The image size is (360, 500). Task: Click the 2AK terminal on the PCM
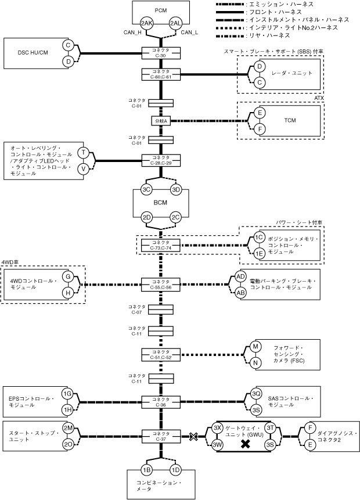(x=147, y=23)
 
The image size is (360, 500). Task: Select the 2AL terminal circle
(x=176, y=23)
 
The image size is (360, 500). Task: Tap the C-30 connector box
(x=161, y=53)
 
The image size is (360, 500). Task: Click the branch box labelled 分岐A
(x=161, y=121)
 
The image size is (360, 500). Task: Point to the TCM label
(x=290, y=121)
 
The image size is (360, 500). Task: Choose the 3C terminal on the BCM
(x=146, y=190)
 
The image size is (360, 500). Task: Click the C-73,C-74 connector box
(x=161, y=245)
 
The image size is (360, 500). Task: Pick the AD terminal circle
(x=240, y=276)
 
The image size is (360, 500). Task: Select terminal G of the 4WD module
(x=68, y=276)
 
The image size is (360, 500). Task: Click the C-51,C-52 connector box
(x=161, y=355)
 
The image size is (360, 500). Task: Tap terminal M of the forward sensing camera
(x=255, y=347)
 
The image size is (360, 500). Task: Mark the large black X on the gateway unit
(x=245, y=444)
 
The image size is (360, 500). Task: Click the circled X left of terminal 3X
(x=193, y=437)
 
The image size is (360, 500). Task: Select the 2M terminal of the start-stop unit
(x=68, y=428)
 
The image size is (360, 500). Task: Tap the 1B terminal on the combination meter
(x=146, y=470)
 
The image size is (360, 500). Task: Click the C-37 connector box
(x=161, y=436)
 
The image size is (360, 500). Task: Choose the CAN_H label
(x=132, y=32)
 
